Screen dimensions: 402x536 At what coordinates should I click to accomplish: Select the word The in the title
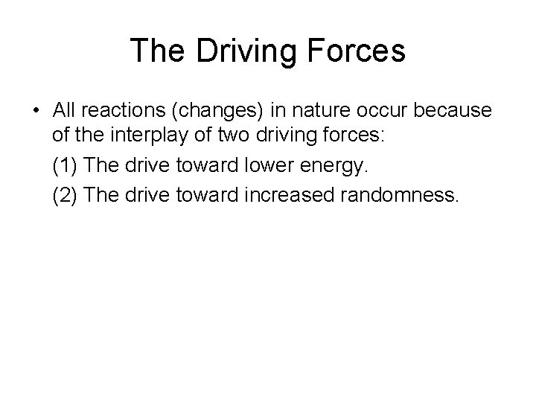(x=158, y=51)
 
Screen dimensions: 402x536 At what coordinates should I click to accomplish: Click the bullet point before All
(x=36, y=112)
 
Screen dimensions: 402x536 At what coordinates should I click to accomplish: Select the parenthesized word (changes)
(x=217, y=111)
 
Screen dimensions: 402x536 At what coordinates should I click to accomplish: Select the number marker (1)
(x=66, y=167)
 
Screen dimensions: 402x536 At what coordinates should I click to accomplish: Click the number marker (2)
(x=66, y=196)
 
